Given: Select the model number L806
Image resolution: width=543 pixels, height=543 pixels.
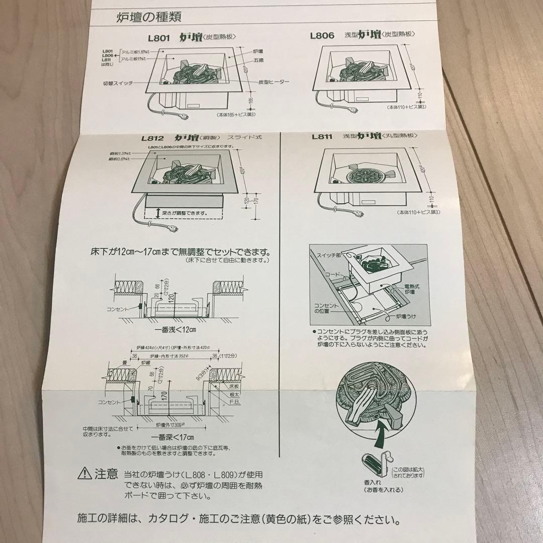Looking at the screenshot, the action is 322,35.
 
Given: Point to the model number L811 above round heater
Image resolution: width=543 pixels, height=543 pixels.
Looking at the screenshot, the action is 323,136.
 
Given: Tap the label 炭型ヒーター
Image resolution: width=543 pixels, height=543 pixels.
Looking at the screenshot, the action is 274,81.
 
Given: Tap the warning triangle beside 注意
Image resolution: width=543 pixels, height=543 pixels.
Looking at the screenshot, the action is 84,473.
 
